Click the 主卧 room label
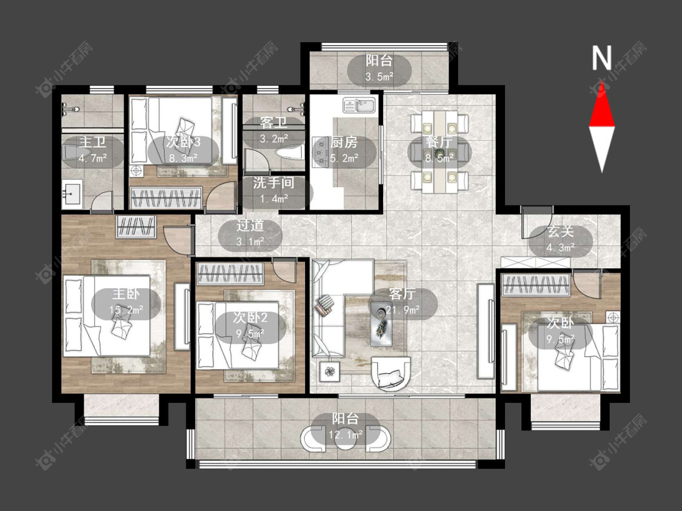pos(127,294)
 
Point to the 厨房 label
pos(344,142)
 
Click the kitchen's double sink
pos(359,105)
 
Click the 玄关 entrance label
pos(561,231)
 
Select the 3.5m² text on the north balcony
pos(379,77)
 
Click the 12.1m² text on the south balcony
pos(346,434)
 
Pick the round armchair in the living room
pos(391,373)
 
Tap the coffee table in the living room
pos(381,324)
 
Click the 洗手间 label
pos(273,182)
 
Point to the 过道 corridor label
pos(250,225)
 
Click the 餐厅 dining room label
pos(440,142)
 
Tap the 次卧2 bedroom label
pos(250,318)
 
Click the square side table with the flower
pos(330,372)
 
